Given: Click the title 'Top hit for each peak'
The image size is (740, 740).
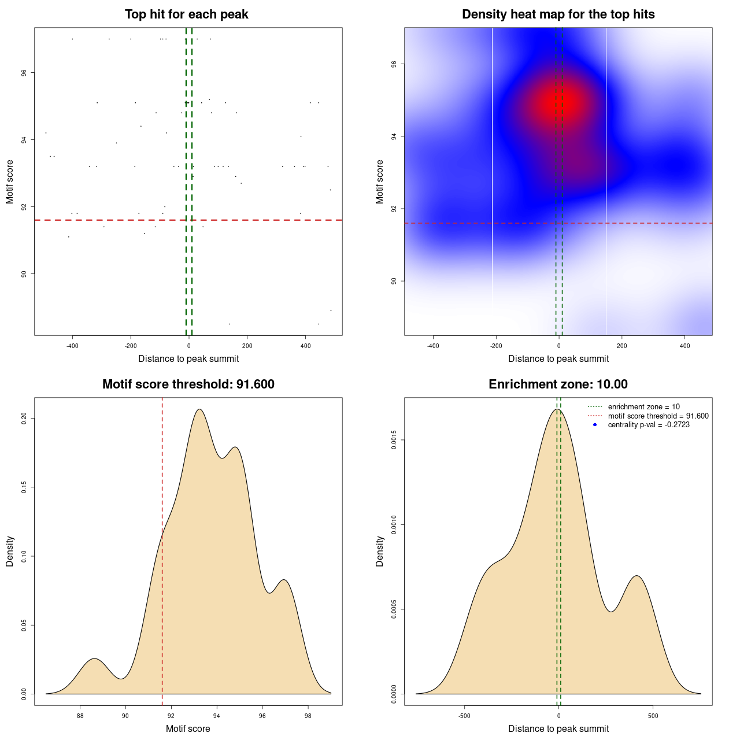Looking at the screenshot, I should click(x=186, y=14).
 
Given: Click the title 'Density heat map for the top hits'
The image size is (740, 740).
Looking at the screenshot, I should click(x=558, y=14).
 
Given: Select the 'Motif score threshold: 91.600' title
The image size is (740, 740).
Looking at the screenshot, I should click(x=188, y=384).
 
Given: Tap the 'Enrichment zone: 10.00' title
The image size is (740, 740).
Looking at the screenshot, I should click(x=558, y=384).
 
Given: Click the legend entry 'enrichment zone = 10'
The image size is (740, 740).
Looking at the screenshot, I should click(x=643, y=407).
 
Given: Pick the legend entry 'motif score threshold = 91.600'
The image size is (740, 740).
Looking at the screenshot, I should click(x=658, y=416).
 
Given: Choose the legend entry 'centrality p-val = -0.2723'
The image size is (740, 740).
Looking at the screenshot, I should click(x=649, y=425).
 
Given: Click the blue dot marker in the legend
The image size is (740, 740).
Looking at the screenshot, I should click(x=595, y=425).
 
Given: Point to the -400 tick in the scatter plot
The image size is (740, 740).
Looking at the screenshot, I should click(x=72, y=346).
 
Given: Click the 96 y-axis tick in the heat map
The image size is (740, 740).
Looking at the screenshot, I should click(x=394, y=64).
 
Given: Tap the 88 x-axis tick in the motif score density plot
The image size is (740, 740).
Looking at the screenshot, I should click(x=80, y=716).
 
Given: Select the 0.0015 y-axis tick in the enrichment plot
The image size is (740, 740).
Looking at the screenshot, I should click(x=394, y=441).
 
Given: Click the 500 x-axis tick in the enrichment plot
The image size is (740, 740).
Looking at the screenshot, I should click(x=653, y=716).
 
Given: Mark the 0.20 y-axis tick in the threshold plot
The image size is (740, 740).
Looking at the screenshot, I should click(x=24, y=418).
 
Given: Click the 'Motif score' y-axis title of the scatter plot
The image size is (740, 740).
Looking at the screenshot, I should click(x=10, y=182).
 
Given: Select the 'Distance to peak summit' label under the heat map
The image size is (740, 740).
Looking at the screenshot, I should click(x=558, y=359).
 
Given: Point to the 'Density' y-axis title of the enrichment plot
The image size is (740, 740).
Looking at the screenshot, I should click(x=380, y=551).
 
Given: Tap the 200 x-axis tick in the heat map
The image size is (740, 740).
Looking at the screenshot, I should click(x=621, y=346).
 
